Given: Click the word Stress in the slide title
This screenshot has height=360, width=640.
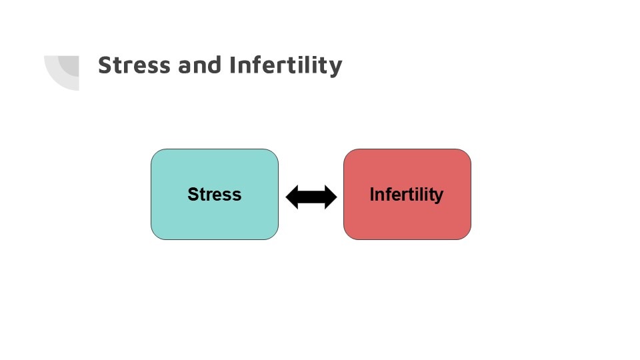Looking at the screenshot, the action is tap(134, 65).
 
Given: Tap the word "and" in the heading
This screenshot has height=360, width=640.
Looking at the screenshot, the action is tap(199, 65).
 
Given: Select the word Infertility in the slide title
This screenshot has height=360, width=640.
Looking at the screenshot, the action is tap(286, 66).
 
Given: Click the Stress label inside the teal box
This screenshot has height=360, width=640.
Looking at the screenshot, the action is tap(214, 194).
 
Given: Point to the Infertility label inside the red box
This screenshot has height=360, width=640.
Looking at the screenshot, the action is tap(407, 195).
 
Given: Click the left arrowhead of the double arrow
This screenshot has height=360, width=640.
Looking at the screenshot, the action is tap(293, 197).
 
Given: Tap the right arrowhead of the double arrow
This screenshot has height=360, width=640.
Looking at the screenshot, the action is tap(331, 197).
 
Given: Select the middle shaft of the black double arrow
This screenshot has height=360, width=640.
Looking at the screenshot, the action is tap(311, 197).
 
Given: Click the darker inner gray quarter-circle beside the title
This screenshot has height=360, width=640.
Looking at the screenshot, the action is tap(70, 65).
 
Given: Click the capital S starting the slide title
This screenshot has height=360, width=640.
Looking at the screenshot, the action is tap(106, 65).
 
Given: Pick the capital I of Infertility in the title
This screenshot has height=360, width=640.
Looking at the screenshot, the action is tap(233, 65).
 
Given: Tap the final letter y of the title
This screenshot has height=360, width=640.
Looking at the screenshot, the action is tap(335, 69).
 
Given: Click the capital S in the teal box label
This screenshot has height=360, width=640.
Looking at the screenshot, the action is tap(193, 194).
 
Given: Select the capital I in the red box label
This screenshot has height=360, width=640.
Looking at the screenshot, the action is tap(372, 194).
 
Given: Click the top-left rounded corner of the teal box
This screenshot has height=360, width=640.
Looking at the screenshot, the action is tap(155, 154).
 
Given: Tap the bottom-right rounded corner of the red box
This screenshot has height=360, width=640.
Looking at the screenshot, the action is tap(467, 235).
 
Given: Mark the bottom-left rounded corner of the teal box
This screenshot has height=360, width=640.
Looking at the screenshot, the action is tap(155, 235).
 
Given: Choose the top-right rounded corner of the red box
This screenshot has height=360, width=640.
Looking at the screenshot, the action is tap(467, 154).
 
